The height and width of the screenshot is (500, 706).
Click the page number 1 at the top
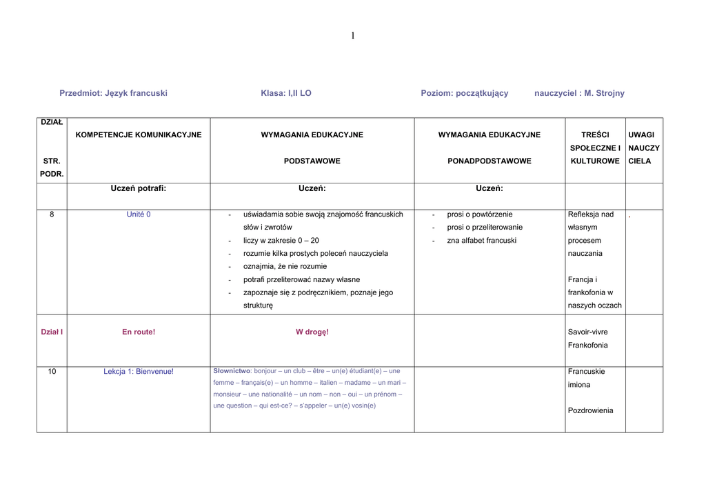pyautogui.click(x=352, y=36)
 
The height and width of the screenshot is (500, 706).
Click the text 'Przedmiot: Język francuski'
pyautogui.click(x=113, y=93)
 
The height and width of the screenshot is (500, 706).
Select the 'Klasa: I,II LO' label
pyautogui.click(x=286, y=93)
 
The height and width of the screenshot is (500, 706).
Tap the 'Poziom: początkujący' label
pyautogui.click(x=464, y=93)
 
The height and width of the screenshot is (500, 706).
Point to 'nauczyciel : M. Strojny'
pyautogui.click(x=579, y=93)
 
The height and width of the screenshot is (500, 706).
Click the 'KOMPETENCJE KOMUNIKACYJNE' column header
pyautogui.click(x=139, y=135)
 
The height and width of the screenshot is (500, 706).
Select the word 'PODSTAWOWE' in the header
pyautogui.click(x=312, y=161)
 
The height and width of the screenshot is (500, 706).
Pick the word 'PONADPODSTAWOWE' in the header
pyautogui.click(x=490, y=161)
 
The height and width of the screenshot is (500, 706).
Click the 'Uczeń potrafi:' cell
pyautogui.click(x=139, y=188)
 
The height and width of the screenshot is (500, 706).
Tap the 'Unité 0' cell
pyautogui.click(x=139, y=214)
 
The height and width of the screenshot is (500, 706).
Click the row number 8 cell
pyautogui.click(x=52, y=214)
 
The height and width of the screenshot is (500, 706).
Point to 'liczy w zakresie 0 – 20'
pyautogui.click(x=281, y=241)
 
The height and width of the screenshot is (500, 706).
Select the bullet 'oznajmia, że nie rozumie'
pyautogui.click(x=285, y=266)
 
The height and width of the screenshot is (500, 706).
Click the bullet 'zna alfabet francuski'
pyautogui.click(x=481, y=241)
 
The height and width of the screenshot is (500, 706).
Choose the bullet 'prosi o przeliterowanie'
pyautogui.click(x=485, y=228)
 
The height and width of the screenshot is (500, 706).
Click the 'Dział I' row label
pyautogui.click(x=52, y=332)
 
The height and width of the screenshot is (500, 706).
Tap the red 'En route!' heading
pyautogui.click(x=139, y=332)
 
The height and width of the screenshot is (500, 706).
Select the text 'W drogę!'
pyautogui.click(x=312, y=332)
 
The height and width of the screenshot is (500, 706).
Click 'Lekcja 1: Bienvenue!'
pyautogui.click(x=139, y=372)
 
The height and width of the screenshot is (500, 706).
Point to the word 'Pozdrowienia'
pyautogui.click(x=590, y=411)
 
